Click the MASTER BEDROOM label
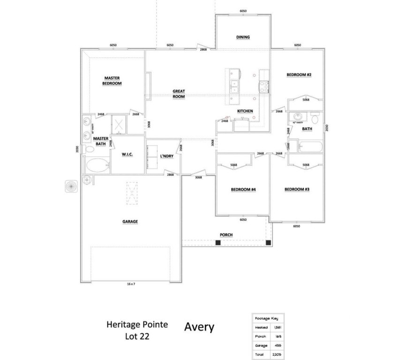(x=112, y=81)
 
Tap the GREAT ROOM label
(x=179, y=94)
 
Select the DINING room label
(x=243, y=37)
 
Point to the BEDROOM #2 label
(x=299, y=75)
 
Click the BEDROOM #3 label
(x=297, y=189)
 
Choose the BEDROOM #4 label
(x=243, y=189)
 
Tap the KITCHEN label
(x=245, y=111)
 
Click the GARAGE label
(x=130, y=222)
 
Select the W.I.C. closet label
(x=128, y=154)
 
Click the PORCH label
(x=226, y=235)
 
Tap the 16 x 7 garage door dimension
(x=131, y=284)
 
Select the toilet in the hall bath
(x=315, y=117)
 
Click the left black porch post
(x=218, y=242)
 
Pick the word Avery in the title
(x=199, y=327)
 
